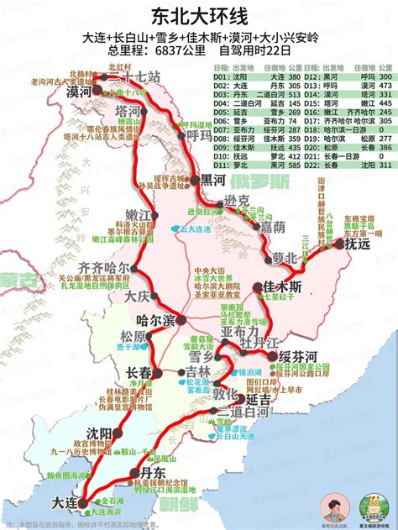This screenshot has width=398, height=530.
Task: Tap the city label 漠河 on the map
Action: (x=81, y=91)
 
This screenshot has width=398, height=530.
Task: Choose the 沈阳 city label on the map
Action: (x=94, y=433)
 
